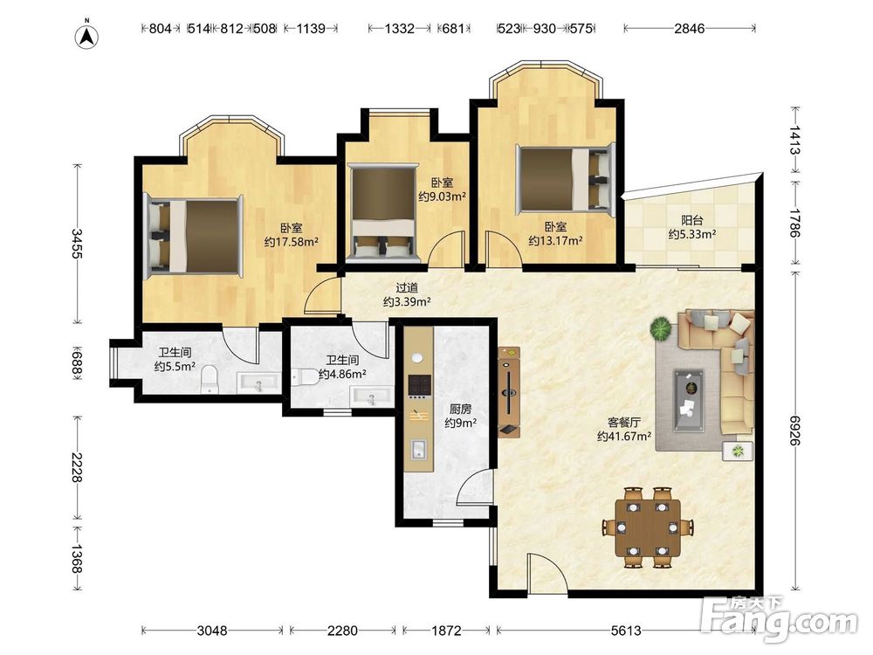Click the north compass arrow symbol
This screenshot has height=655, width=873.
pyautogui.click(x=86, y=36)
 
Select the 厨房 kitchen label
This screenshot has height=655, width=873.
pyautogui.click(x=460, y=410)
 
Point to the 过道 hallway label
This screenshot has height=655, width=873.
pyautogui.click(x=407, y=288)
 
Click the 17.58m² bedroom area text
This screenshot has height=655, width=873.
pyautogui.click(x=292, y=242)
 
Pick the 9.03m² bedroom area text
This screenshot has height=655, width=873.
pyautogui.click(x=442, y=196)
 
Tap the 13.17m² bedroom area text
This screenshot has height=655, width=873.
pyautogui.click(x=555, y=241)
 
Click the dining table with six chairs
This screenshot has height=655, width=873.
pyautogui.click(x=648, y=527)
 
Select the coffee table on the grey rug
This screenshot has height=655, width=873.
pyautogui.click(x=688, y=401)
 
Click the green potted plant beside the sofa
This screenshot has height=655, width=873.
pyautogui.click(x=661, y=328)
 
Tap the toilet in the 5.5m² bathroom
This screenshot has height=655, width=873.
pyautogui.click(x=210, y=379)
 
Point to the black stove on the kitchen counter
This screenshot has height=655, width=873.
pyautogui.click(x=419, y=384)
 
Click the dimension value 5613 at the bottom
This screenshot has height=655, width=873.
pyautogui.click(x=626, y=631)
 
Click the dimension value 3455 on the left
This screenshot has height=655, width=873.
pyautogui.click(x=77, y=244)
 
